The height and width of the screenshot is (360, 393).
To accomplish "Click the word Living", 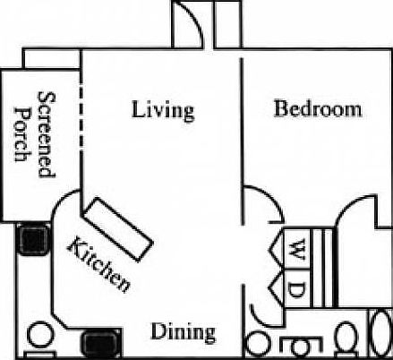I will (x=162, y=110).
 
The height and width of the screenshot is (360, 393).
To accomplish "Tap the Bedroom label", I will (x=317, y=109).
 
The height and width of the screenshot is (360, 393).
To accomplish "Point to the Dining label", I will (x=183, y=332).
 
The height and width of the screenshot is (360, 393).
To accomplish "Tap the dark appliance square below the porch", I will (x=34, y=238).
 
